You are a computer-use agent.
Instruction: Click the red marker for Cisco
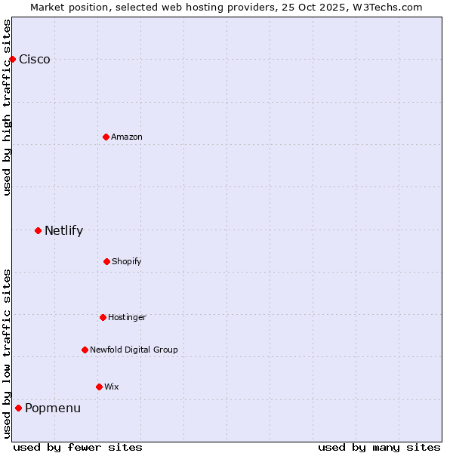click(12, 59)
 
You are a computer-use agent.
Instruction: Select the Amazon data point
click(106, 137)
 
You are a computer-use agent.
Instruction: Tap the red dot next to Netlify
click(38, 230)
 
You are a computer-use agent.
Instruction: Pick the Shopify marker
click(106, 261)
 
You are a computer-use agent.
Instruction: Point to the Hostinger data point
click(103, 317)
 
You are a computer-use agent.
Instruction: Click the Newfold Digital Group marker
click(85, 350)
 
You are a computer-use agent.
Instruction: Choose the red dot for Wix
click(99, 387)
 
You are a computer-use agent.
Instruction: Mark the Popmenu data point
click(18, 408)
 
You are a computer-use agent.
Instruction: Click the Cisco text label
click(35, 60)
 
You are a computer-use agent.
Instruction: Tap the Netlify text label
click(63, 231)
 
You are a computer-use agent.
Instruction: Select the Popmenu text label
click(53, 408)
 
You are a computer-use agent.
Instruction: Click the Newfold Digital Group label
click(134, 350)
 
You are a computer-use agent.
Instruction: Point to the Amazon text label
click(127, 137)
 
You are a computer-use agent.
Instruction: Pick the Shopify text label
click(127, 261)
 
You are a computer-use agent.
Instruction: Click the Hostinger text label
click(127, 317)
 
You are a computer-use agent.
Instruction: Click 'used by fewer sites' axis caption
click(78, 447)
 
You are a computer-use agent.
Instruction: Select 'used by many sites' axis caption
click(379, 447)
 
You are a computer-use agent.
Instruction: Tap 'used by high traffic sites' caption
click(8, 107)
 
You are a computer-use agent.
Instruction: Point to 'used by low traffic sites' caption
click(8, 353)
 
